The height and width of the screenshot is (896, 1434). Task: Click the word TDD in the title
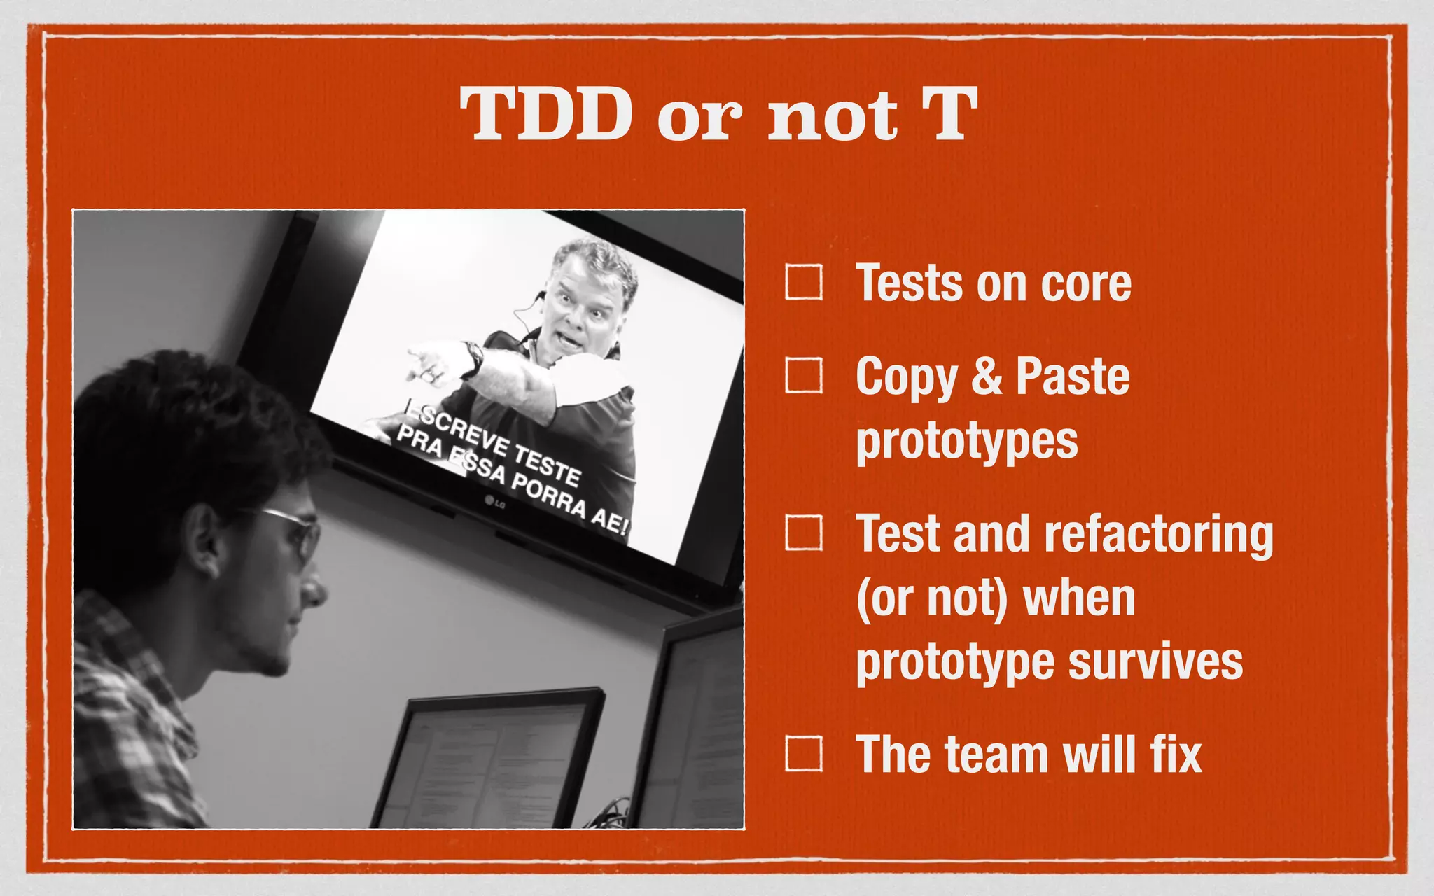pyautogui.click(x=546, y=114)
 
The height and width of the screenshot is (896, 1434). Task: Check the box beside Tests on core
pyautogui.click(x=803, y=282)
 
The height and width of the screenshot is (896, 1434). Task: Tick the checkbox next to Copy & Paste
pyautogui.click(x=803, y=375)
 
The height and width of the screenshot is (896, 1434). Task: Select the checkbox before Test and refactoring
pyautogui.click(x=803, y=533)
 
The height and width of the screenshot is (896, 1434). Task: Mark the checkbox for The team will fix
pyautogui.click(x=803, y=753)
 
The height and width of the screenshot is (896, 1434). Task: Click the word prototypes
pyautogui.click(x=966, y=442)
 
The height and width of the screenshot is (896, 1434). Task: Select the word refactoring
pyautogui.click(x=1158, y=535)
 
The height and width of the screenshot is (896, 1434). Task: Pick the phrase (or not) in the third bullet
pyautogui.click(x=932, y=599)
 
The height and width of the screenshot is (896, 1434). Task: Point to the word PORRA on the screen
pyautogui.click(x=548, y=494)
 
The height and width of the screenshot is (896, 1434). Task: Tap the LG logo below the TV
pyautogui.click(x=495, y=502)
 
